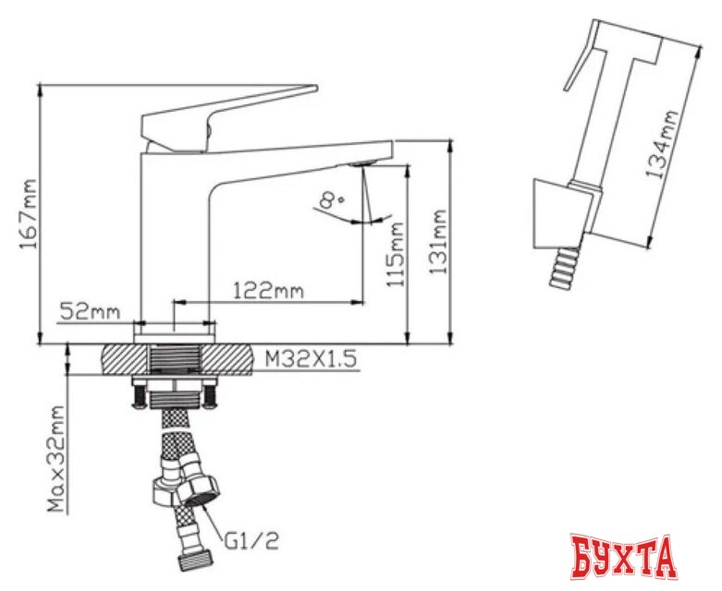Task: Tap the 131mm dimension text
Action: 438,242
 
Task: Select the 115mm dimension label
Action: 396,255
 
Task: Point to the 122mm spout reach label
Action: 269,291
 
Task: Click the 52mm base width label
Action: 91,311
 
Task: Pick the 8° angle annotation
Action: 332,201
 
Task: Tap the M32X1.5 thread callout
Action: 311,359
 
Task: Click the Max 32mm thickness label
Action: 56,459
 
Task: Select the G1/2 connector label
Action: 251,541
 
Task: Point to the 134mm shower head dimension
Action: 662,144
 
